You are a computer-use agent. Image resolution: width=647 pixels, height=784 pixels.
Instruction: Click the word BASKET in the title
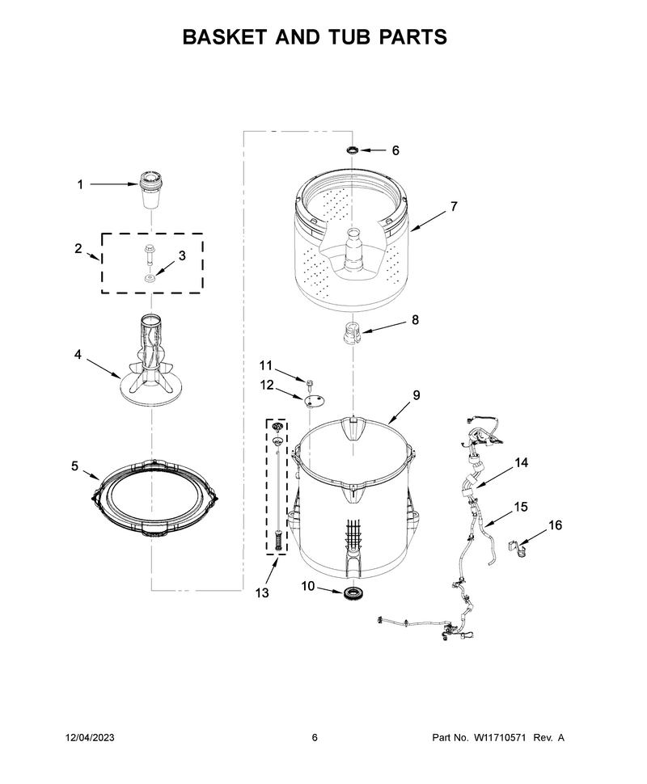pyautogui.click(x=225, y=37)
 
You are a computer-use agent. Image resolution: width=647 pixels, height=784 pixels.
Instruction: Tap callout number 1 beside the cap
pyautogui.click(x=80, y=184)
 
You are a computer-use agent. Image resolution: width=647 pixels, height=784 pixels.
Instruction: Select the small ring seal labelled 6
pyautogui.click(x=353, y=150)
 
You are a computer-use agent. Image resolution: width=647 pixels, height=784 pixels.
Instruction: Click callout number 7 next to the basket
pyautogui.click(x=454, y=206)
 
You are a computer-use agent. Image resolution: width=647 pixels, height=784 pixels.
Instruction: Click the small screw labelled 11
pyautogui.click(x=309, y=383)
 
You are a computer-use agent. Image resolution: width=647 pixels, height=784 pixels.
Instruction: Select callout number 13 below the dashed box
pyautogui.click(x=262, y=592)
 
